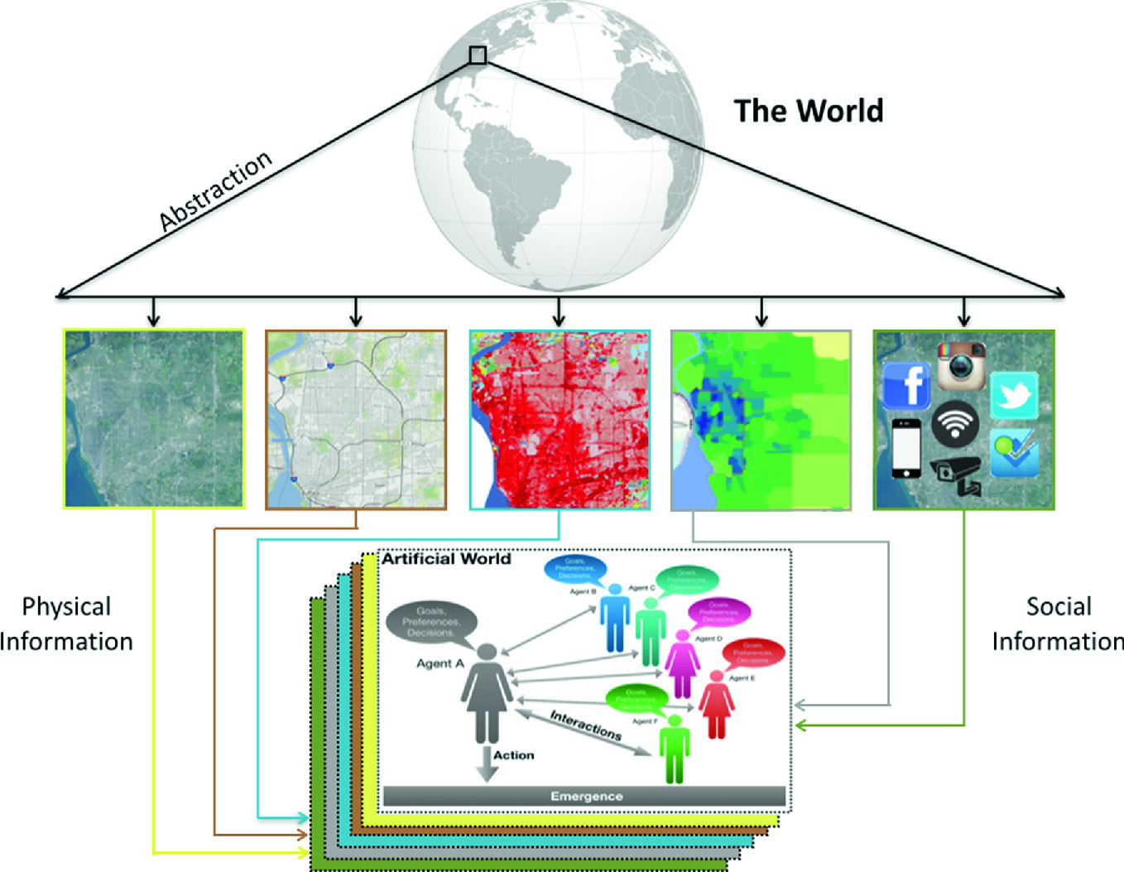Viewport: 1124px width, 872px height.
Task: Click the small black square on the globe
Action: click(x=478, y=55)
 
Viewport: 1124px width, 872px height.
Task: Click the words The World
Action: click(x=809, y=111)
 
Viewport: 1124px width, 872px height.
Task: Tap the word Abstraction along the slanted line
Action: click(x=215, y=190)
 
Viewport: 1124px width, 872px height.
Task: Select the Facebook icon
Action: click(x=907, y=385)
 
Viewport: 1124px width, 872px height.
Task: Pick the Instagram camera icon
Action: click(x=961, y=365)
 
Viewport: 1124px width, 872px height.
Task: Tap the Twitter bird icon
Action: click(x=1014, y=394)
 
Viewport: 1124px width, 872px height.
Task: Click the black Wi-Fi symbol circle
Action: click(x=955, y=423)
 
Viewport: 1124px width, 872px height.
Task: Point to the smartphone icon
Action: click(x=906, y=449)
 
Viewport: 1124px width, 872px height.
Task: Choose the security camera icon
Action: click(x=957, y=475)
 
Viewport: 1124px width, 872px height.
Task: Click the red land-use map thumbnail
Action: click(x=560, y=420)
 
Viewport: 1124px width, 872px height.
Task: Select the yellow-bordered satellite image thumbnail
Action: click(x=154, y=419)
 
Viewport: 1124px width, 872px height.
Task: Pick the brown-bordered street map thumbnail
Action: click(x=356, y=420)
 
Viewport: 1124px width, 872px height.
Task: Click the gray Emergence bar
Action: click(x=585, y=797)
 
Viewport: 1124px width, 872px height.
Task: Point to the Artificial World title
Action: click(x=446, y=559)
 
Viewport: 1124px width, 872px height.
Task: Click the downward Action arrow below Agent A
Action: click(x=487, y=764)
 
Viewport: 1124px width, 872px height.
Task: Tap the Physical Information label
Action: click(x=66, y=624)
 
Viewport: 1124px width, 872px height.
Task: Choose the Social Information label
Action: click(x=1058, y=624)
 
